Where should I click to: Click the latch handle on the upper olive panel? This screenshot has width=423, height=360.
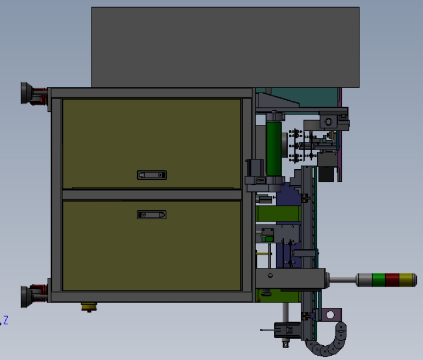coord(152,175)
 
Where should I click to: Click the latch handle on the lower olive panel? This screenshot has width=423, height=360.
coord(152,215)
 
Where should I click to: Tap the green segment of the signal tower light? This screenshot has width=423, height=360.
coord(379,280)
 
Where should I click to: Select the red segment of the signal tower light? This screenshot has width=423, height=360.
coord(392,280)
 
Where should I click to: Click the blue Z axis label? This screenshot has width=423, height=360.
coord(5,321)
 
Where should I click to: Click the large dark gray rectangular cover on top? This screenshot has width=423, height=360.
coord(225,47)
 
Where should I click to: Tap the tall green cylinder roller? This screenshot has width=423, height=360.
coord(274,148)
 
